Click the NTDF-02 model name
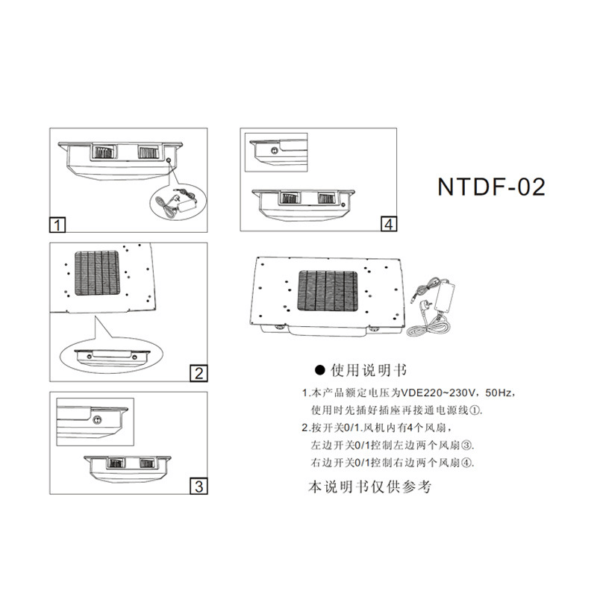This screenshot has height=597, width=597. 491,187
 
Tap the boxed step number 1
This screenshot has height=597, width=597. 57,225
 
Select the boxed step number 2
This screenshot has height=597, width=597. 199,373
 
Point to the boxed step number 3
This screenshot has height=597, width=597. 199,487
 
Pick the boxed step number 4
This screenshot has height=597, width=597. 389,224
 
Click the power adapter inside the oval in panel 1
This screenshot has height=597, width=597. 186,206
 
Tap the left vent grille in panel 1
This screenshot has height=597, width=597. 104,152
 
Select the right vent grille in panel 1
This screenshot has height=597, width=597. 148,152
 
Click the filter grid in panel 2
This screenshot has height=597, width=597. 97,272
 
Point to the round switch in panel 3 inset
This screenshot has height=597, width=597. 97,420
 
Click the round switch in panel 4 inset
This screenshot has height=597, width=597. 274,151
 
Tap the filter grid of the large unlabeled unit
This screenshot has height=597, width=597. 328,291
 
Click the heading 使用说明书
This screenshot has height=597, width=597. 368,370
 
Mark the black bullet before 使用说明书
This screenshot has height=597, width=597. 320,369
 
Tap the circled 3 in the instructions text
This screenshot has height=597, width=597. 466,445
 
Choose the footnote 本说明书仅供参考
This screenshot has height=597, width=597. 369,487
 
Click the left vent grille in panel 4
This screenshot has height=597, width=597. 290,198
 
